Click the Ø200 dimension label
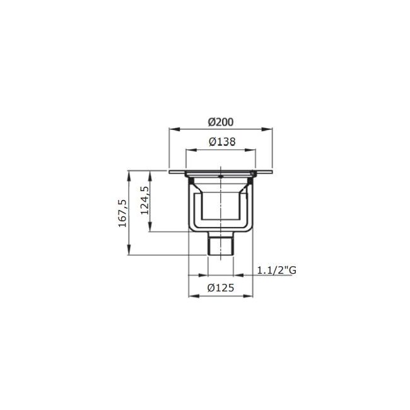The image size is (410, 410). pyautogui.click(x=221, y=121)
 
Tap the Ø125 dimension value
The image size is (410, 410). pyautogui.click(x=221, y=288)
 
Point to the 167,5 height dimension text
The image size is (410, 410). pyautogui.click(x=122, y=213)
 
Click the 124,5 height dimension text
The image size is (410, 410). pyautogui.click(x=144, y=201)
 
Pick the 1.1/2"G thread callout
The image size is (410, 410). pyautogui.click(x=276, y=270)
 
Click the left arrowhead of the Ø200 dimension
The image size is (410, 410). pyautogui.click(x=172, y=129)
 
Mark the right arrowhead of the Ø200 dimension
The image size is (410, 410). pyautogui.click(x=270, y=129)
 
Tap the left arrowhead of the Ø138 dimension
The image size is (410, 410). pyautogui.click(x=188, y=150)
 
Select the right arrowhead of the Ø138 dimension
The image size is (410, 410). pyautogui.click(x=254, y=150)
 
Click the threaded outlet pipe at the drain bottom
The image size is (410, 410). pyautogui.click(x=221, y=244)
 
